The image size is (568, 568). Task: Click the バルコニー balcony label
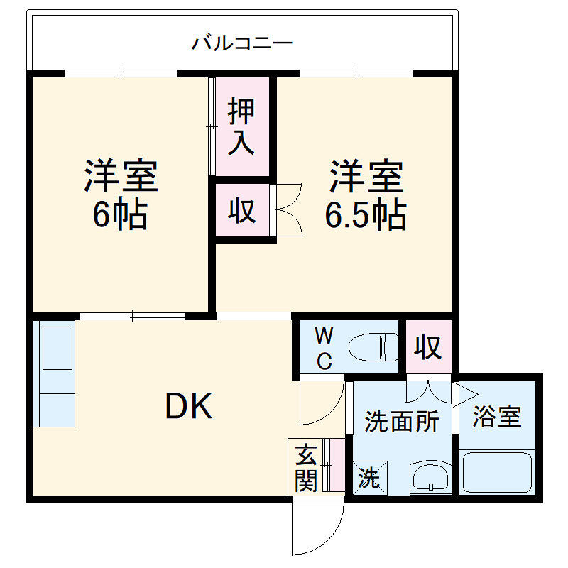click(242, 43)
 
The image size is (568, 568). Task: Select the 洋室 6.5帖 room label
click(366, 195)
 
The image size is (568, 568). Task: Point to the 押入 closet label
click(241, 127)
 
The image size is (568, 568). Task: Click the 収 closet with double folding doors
click(242, 211)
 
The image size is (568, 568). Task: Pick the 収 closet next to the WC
click(428, 348)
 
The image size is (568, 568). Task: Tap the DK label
click(189, 406)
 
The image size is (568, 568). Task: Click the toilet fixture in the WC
click(373, 347)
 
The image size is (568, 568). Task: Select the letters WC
click(323, 347)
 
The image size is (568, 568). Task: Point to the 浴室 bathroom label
click(497, 417)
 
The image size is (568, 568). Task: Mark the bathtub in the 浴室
click(497, 472)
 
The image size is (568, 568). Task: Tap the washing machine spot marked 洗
click(369, 477)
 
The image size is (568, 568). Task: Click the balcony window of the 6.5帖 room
click(356, 72)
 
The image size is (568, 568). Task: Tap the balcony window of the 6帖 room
click(121, 72)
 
